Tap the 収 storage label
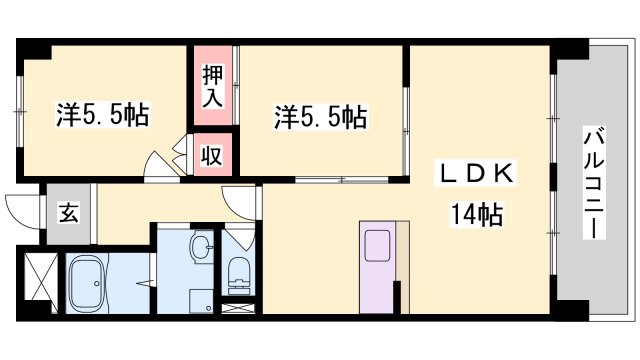pyautogui.click(x=213, y=154)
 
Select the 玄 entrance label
pyautogui.click(x=64, y=213)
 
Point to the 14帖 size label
pyautogui.click(x=475, y=213)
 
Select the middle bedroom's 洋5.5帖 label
pyautogui.click(x=321, y=118)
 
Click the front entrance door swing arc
pyautogui.click(x=22, y=208)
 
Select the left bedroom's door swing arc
pyautogui.click(x=160, y=165)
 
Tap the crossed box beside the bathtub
pyautogui.click(x=40, y=278)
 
